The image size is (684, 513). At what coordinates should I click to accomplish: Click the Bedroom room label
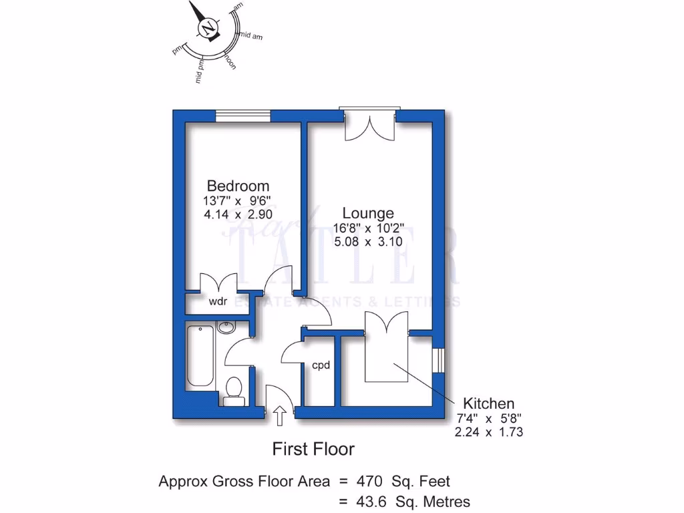pos(238,186)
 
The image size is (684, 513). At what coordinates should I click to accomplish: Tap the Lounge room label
pos(368,213)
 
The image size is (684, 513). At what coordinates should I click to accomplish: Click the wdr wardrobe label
pos(218,302)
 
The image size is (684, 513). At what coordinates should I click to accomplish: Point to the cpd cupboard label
pos(321,365)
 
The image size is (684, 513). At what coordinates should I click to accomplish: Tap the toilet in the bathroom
pos(234,389)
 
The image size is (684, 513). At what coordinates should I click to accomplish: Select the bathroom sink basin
pos(226,327)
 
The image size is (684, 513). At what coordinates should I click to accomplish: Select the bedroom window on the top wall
pos(243,116)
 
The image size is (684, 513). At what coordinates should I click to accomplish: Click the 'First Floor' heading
pos(313,449)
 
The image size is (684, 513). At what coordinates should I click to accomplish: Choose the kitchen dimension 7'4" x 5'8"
pos(489,419)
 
